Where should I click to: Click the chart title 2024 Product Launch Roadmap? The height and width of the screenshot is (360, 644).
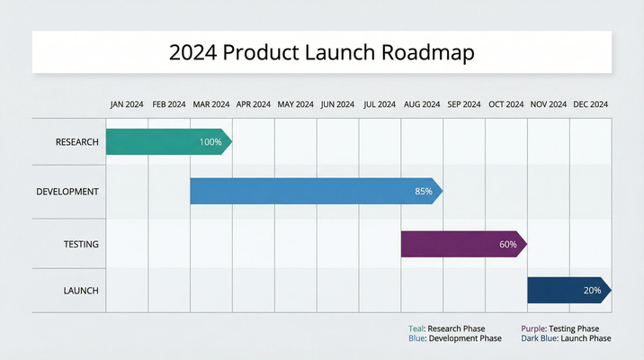(x=321, y=52)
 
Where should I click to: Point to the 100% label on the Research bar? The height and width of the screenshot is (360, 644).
(x=210, y=142)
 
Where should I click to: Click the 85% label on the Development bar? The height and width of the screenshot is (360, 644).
(x=423, y=192)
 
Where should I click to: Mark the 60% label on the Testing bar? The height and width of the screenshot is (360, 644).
(x=507, y=244)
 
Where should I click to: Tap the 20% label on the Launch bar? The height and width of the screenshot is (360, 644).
(x=592, y=291)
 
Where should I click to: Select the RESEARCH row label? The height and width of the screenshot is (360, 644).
(x=76, y=142)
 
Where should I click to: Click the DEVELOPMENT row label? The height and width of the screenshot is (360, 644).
(x=67, y=192)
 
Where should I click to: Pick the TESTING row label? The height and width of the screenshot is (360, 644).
(x=81, y=244)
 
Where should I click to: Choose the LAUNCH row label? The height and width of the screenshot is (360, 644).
(x=81, y=291)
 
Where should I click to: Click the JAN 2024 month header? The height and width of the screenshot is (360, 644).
(x=127, y=104)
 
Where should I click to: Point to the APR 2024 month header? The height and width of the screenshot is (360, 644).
(x=253, y=104)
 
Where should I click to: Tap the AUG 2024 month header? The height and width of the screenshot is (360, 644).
(x=422, y=104)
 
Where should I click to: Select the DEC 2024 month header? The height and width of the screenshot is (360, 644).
(x=591, y=104)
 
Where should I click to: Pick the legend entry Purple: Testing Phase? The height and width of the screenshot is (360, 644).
(x=559, y=328)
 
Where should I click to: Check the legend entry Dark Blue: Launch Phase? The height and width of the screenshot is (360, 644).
(x=566, y=338)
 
